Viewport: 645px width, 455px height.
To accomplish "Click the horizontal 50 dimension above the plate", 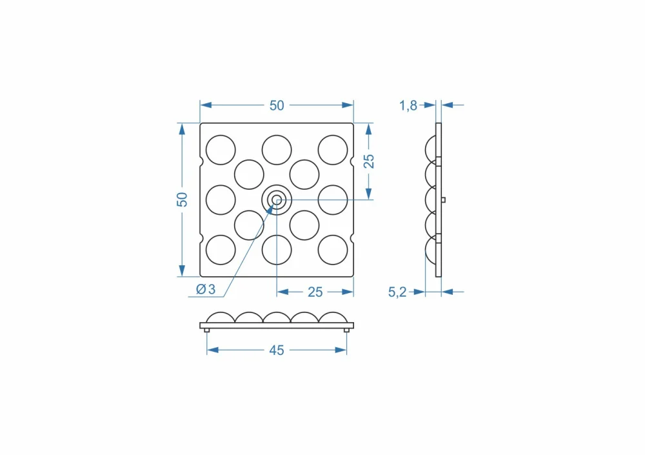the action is click(x=277, y=105).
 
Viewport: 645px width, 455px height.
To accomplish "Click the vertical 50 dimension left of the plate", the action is click(x=182, y=199).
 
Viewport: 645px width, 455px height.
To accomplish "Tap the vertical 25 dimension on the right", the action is click(x=369, y=161).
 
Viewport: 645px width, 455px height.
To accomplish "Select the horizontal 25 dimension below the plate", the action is click(x=315, y=292).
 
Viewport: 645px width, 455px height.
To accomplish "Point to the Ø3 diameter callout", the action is click(x=206, y=290).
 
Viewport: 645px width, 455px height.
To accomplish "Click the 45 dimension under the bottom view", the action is click(x=277, y=350).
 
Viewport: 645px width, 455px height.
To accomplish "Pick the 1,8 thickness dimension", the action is click(x=408, y=106).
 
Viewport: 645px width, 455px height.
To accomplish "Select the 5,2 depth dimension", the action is click(x=397, y=292).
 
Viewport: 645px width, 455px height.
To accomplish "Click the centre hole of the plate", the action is click(x=277, y=200).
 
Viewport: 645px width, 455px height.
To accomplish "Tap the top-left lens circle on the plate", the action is click(x=221, y=150).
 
